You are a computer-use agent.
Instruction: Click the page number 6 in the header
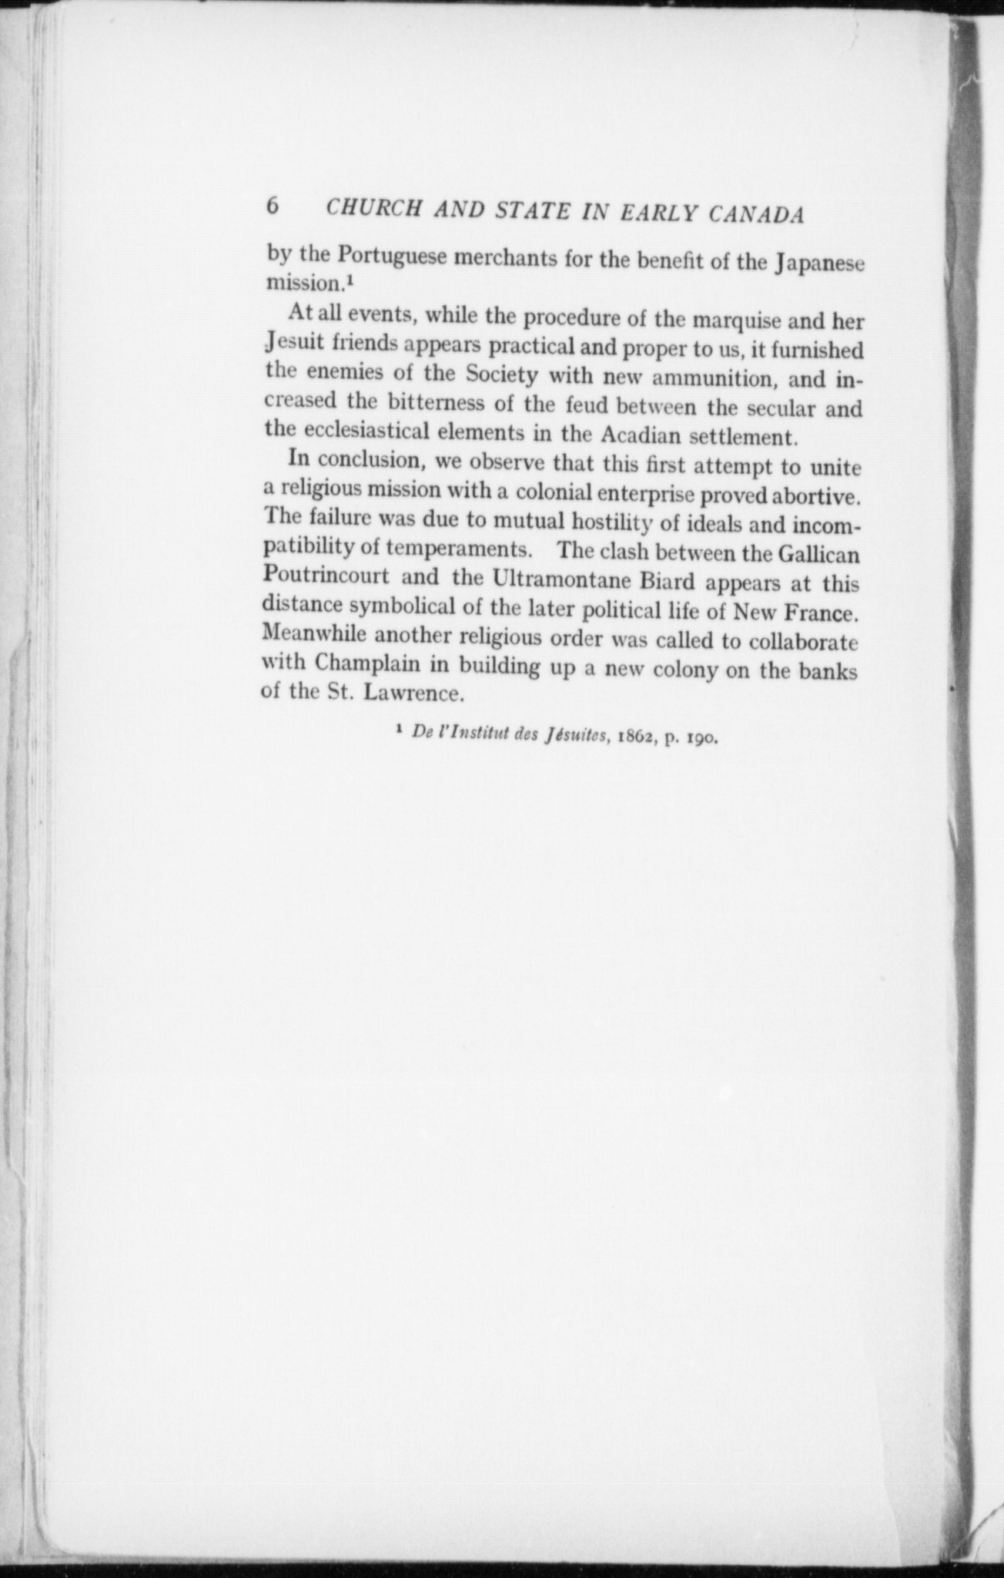point(272,206)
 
